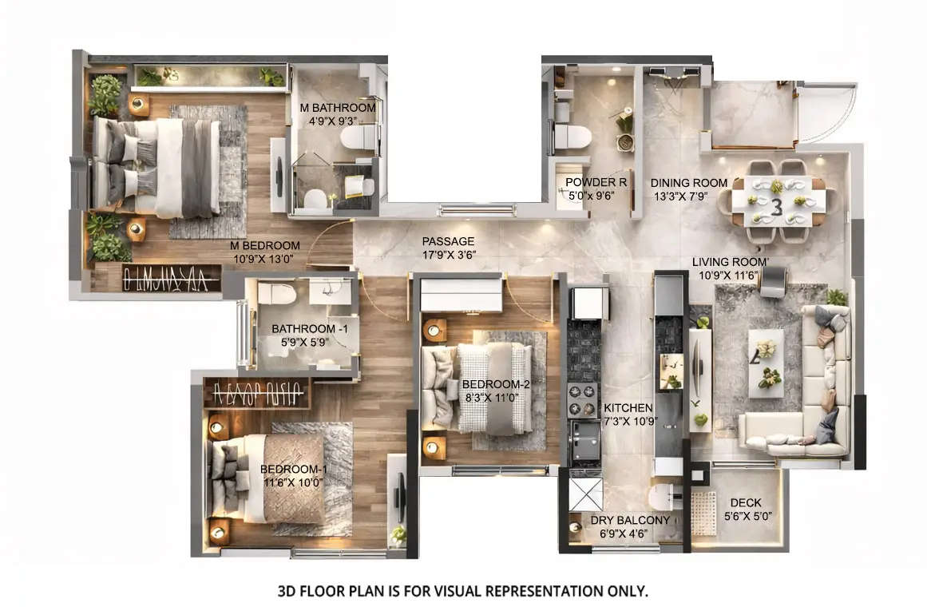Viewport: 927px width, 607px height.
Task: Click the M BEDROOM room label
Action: pos(264,245)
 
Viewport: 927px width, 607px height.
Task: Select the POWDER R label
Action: pos(596,182)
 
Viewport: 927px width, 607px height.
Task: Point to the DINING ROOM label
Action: pos(689,183)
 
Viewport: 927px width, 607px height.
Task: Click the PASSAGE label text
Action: pos(448,241)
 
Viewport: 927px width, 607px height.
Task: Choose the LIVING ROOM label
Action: pos(730,262)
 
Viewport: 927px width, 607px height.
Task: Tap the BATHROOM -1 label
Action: pos(303,328)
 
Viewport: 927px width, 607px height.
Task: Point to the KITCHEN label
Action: pos(628,407)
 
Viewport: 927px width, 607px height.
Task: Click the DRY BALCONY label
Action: pos(630,521)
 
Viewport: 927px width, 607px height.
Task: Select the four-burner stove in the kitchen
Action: pos(581,396)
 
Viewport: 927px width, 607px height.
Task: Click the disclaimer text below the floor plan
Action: pos(462,591)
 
